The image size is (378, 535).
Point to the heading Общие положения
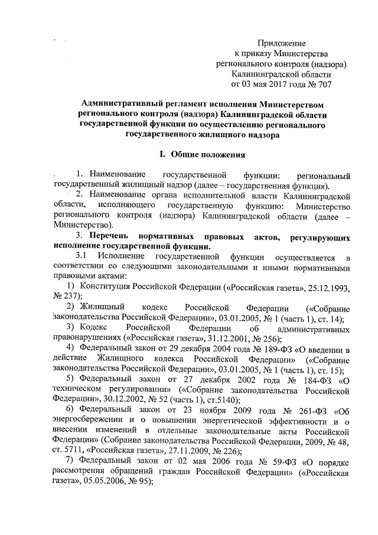point(207,154)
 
